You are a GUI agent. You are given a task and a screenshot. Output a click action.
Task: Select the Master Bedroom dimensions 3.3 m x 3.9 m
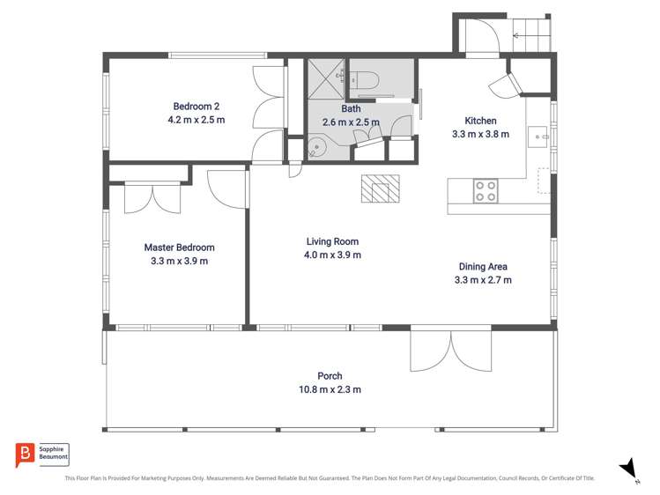click(x=179, y=261)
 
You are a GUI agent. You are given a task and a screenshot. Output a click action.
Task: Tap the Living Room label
click(x=332, y=241)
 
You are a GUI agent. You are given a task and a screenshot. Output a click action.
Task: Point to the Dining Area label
click(x=482, y=267)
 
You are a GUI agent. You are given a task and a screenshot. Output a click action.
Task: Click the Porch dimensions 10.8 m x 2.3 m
click(x=330, y=389)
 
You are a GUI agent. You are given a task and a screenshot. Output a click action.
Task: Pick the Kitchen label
click(x=480, y=121)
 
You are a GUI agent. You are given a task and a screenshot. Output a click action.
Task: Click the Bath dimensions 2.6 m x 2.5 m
click(x=351, y=122)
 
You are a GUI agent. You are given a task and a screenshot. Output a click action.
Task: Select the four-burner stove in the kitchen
click(x=486, y=191)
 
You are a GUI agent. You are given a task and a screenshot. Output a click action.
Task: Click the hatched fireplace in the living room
click(x=380, y=188)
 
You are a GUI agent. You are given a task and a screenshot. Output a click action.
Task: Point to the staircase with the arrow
click(x=532, y=36)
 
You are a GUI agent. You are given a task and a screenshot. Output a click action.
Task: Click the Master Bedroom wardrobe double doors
click(x=153, y=197)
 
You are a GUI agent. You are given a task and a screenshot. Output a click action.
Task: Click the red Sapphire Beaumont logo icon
click(x=24, y=454)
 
